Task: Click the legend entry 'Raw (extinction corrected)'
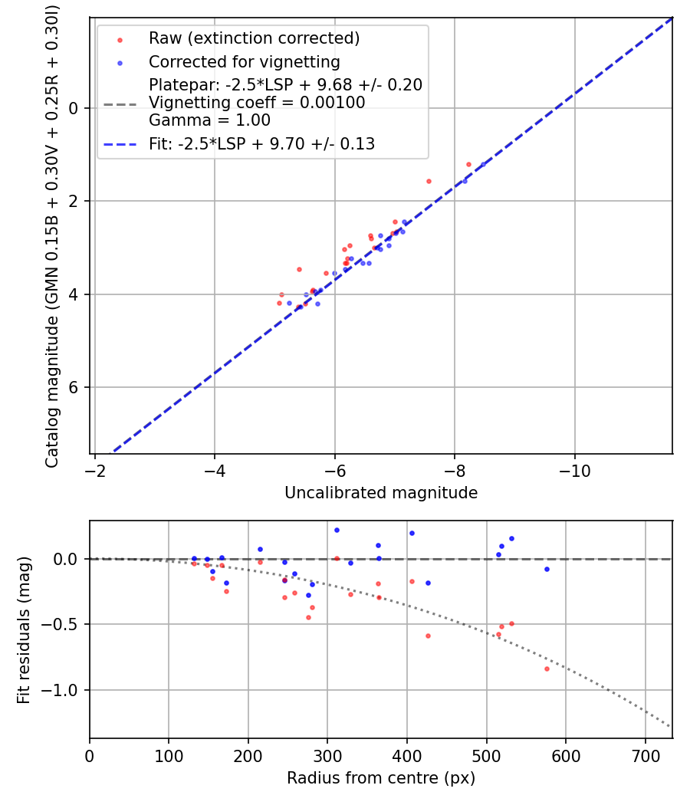(254, 38)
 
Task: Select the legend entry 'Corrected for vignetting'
(244, 61)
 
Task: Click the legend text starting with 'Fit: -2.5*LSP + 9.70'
(261, 143)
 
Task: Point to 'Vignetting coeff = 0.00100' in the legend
(257, 103)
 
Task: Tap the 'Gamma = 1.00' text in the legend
(209, 120)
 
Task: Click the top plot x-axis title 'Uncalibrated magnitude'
(381, 493)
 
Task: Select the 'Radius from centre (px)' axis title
(381, 778)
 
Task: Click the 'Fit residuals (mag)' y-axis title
(25, 629)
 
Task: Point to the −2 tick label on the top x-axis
(94, 471)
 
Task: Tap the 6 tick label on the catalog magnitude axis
(74, 388)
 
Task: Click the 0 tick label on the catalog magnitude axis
(74, 108)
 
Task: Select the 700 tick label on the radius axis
(645, 756)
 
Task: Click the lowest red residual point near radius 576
(547, 669)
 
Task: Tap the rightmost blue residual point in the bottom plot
(547, 569)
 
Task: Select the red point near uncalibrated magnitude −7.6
(429, 181)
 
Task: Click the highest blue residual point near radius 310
(337, 530)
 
